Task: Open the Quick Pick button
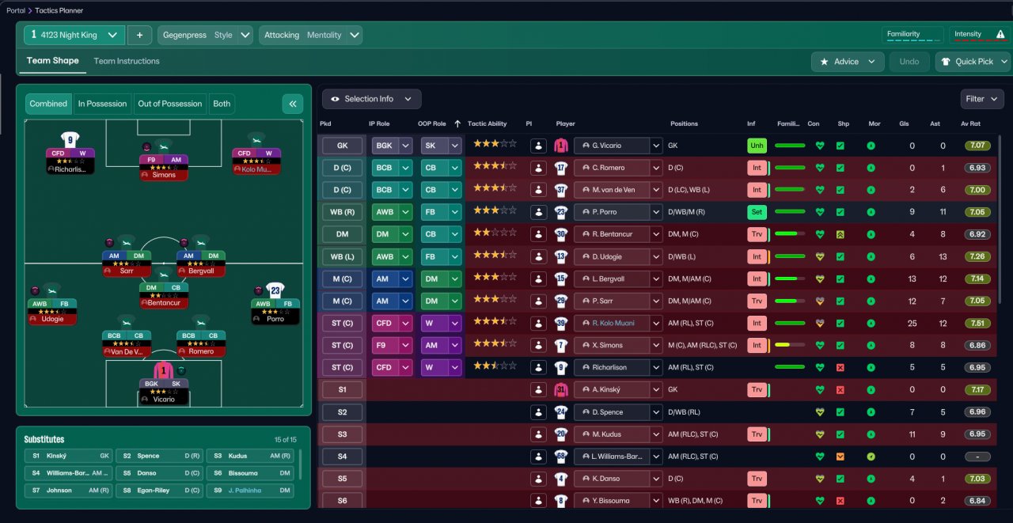point(973,62)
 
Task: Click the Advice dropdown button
point(847,62)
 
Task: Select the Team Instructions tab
point(127,61)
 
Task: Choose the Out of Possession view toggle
point(170,104)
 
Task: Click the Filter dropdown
point(981,99)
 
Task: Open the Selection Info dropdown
point(371,99)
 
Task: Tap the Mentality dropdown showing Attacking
point(310,35)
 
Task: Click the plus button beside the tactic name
point(140,35)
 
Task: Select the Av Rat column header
point(970,123)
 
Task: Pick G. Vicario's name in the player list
point(611,146)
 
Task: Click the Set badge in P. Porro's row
point(757,212)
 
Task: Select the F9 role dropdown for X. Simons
point(392,345)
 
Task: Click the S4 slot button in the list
point(342,457)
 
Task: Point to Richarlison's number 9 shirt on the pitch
point(70,140)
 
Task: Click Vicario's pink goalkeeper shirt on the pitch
point(163,370)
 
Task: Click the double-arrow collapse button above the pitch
point(293,104)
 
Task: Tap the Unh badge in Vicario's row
point(757,146)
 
